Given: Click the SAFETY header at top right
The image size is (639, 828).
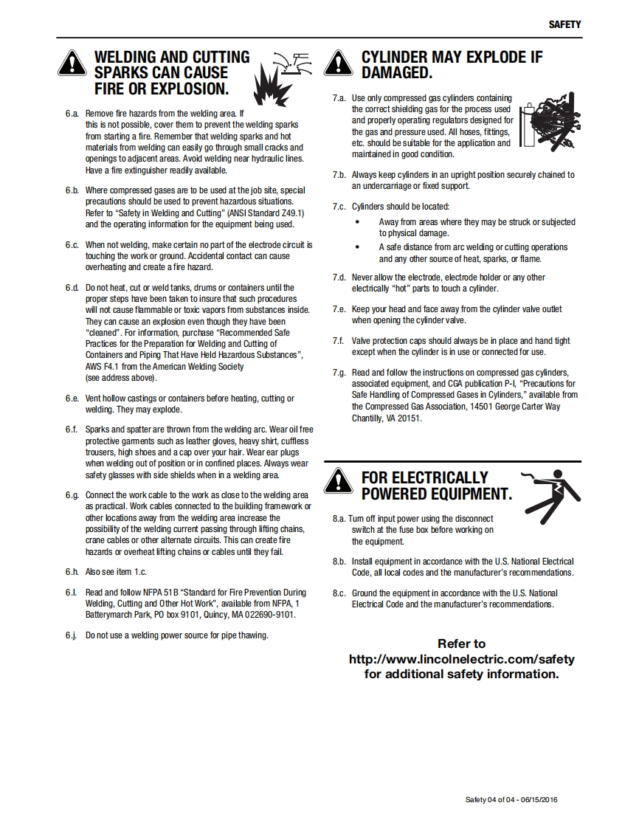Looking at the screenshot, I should click(564, 24).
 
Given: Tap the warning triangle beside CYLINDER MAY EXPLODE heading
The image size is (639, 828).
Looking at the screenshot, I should click(338, 64).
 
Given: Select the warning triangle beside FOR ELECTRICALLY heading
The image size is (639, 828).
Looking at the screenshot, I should click(338, 482).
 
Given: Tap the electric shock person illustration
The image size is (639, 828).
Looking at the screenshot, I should click(550, 492).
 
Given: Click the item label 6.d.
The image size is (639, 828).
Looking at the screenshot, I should click(72, 288).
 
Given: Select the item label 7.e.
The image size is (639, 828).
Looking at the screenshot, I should click(339, 309).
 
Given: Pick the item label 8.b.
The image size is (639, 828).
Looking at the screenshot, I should click(339, 562).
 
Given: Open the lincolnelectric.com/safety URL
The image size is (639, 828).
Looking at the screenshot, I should click(461, 659).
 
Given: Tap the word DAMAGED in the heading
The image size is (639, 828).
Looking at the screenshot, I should click(396, 73).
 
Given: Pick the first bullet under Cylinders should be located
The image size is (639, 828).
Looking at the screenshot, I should click(358, 221).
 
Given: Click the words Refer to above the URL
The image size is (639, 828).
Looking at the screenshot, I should click(461, 644).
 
